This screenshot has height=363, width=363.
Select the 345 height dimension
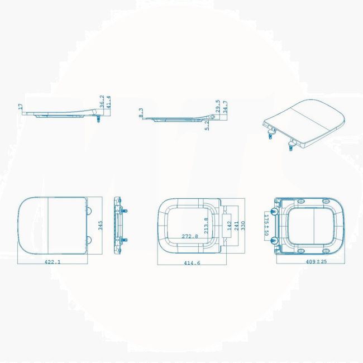point(101,226)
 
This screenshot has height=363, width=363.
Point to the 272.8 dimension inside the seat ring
point(190,236)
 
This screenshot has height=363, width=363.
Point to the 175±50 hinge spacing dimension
point(266,226)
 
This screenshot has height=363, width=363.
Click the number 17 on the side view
point(21,106)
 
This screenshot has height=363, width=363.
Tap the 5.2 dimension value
point(207,126)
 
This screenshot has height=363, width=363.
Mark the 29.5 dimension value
point(218,106)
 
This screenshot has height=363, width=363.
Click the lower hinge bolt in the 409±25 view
point(275,241)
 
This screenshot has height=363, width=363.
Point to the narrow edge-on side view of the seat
point(119,226)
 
